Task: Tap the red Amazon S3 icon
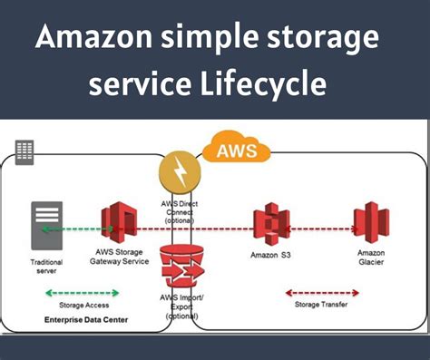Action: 269,225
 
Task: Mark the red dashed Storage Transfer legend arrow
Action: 323,292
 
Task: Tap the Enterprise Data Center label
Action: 86,321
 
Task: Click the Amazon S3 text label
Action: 269,256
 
